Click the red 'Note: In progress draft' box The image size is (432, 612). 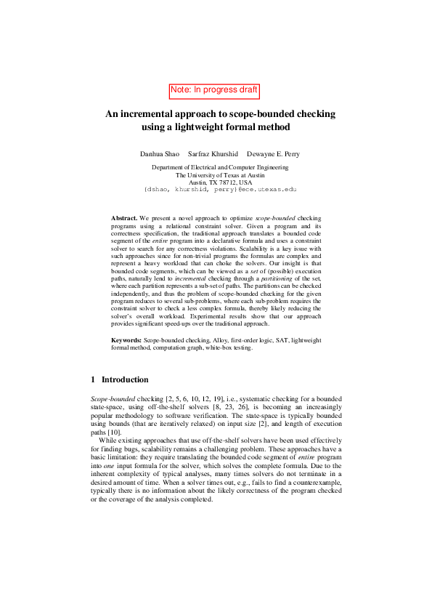(214, 91)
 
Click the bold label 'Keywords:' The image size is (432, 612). (126, 340)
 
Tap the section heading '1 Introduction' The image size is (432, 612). (120, 379)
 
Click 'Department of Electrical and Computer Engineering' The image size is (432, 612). (220, 167)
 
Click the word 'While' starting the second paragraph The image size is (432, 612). (107, 440)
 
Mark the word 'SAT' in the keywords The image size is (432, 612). (280, 340)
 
